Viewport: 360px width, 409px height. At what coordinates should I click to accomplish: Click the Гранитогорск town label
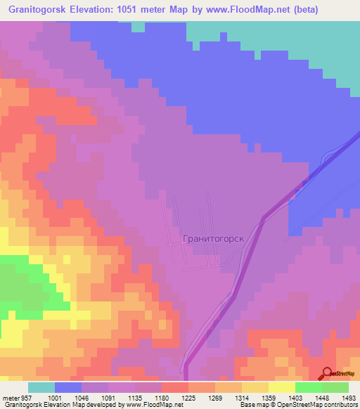coord(213,238)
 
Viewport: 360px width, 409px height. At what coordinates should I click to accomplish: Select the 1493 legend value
coord(348,397)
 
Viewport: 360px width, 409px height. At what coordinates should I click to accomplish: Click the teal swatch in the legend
coord(41,387)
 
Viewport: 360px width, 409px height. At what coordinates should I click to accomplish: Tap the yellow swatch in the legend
coord(281,387)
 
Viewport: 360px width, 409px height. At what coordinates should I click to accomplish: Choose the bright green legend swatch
coord(308,387)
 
